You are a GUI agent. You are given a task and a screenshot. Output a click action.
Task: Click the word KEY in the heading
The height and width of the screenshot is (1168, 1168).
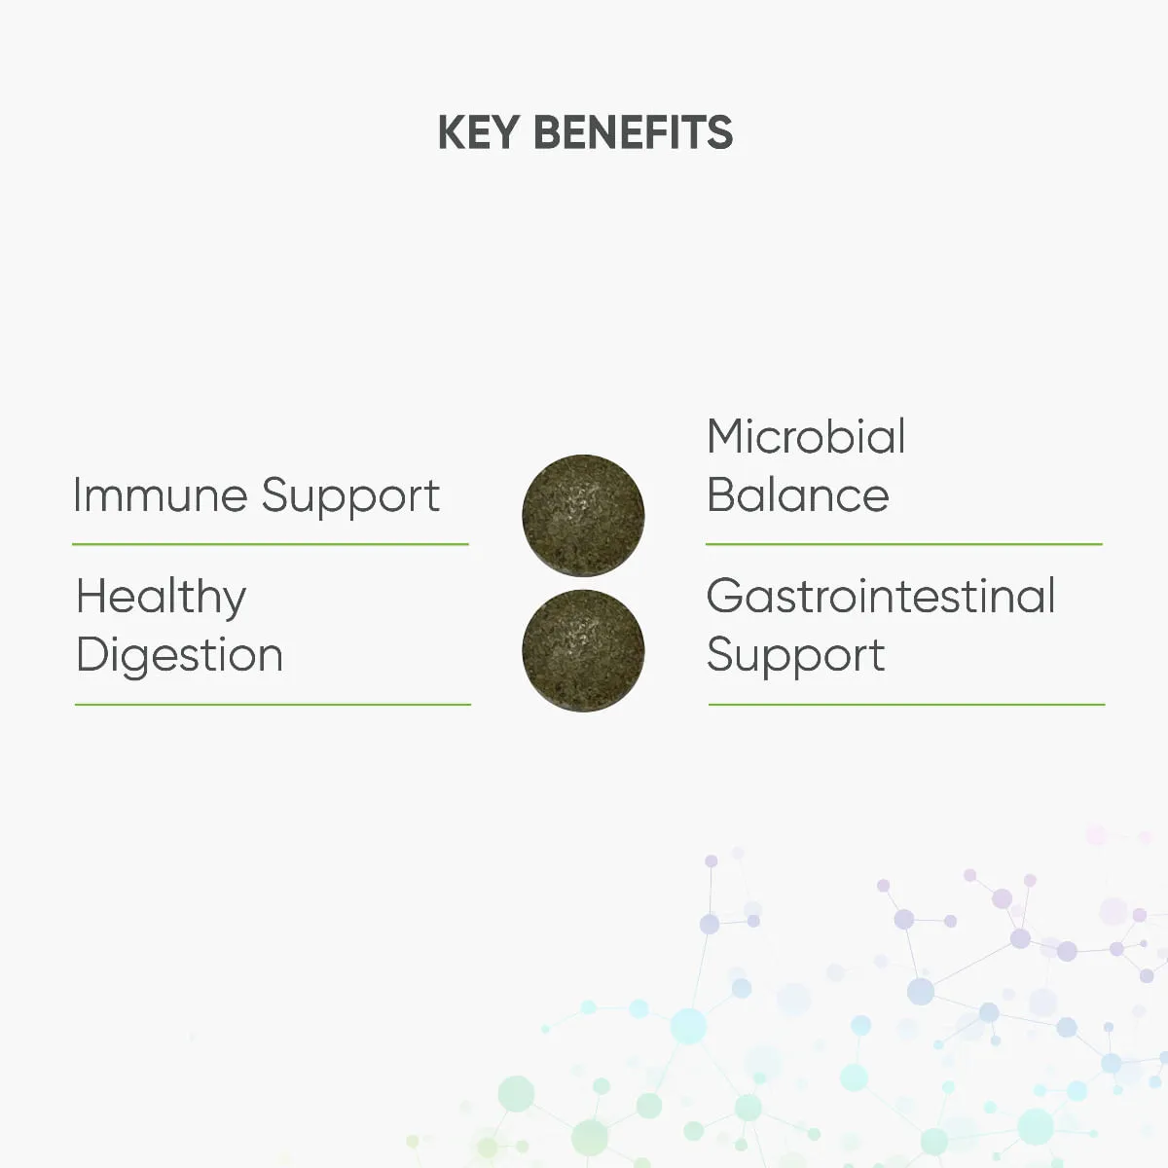tap(478, 132)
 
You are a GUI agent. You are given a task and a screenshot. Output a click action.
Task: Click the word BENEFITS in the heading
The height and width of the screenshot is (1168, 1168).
tap(634, 132)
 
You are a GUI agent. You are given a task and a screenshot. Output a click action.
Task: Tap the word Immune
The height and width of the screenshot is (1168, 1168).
tap(161, 495)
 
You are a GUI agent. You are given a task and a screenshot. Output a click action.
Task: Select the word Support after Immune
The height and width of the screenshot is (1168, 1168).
tap(350, 499)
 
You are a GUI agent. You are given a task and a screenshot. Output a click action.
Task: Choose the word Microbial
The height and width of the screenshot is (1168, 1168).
tap(806, 436)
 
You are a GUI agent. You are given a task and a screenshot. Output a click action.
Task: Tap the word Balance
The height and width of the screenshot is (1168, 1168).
tap(798, 494)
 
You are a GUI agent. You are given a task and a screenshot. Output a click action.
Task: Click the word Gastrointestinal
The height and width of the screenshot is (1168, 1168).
tap(881, 596)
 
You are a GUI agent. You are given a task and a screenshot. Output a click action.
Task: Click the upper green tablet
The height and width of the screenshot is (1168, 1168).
tap(583, 516)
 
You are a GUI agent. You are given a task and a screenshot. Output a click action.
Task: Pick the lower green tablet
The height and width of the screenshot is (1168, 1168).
tap(583, 651)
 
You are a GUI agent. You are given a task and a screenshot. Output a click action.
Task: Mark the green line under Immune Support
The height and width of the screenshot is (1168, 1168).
tap(271, 544)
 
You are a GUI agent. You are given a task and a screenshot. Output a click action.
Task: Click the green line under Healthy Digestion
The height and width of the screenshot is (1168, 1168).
tap(273, 705)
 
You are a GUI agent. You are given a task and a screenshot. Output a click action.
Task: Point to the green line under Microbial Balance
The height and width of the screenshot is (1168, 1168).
tap(903, 544)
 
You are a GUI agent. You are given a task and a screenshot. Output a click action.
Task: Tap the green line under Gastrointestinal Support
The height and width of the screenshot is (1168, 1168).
tap(907, 705)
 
